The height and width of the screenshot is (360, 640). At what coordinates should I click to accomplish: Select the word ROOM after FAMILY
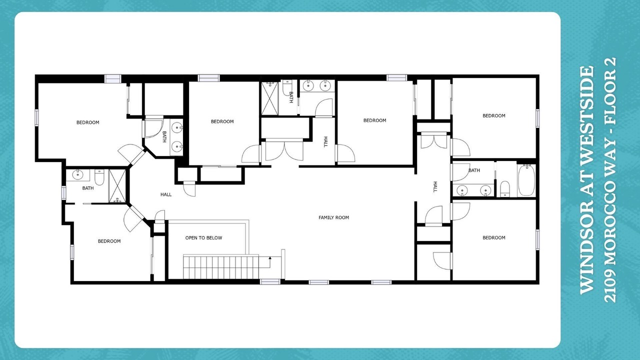343,217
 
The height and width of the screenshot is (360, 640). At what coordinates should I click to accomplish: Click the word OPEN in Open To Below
191,237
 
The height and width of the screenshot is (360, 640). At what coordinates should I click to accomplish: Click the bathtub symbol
526,180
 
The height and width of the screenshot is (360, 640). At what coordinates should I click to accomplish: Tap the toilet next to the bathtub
505,188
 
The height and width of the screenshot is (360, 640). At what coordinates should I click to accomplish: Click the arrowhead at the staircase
270,258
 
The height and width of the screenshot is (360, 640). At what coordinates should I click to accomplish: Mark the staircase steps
221,266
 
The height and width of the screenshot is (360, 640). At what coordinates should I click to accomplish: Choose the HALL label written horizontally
166,194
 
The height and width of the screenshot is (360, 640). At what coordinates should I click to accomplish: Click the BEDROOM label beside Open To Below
109,241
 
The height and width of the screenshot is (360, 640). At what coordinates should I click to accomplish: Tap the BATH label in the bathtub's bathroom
474,170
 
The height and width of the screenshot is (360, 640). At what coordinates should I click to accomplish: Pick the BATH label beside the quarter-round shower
164,137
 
